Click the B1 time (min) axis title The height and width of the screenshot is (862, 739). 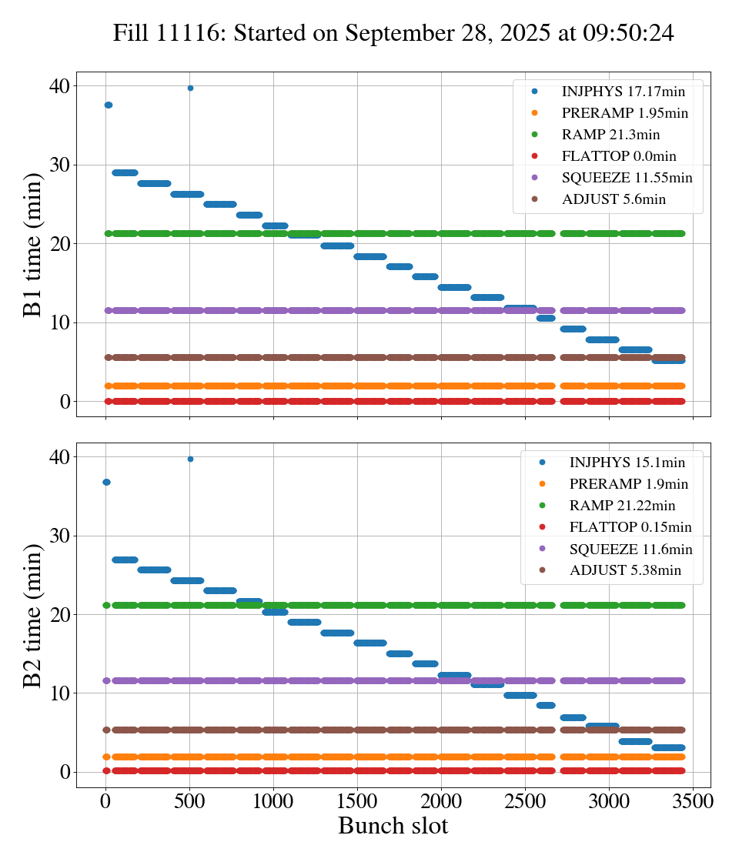32,245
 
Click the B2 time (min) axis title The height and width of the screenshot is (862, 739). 32,616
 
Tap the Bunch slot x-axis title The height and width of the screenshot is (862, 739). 393,826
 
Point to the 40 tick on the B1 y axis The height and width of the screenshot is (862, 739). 59,85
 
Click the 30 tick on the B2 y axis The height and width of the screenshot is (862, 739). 59,536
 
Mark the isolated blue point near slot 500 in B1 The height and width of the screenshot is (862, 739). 190,88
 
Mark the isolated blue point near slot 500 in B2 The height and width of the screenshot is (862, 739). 190,459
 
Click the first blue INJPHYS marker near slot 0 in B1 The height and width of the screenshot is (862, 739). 108,105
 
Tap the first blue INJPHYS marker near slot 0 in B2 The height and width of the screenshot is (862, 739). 106,482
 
